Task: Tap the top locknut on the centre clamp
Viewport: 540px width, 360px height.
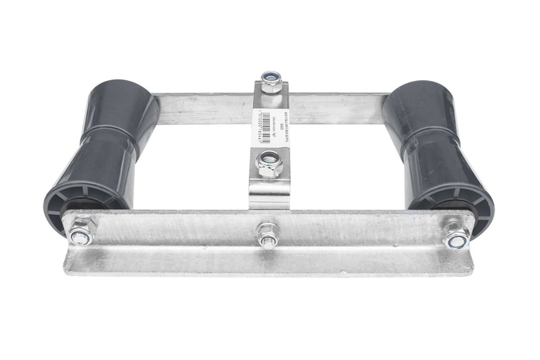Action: pyautogui.click(x=270, y=81)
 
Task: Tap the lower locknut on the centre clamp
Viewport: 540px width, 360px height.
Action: pyautogui.click(x=269, y=163)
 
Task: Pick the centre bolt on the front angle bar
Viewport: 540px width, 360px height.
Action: pyautogui.click(x=268, y=236)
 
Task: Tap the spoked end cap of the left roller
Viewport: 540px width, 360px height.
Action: pyautogui.click(x=77, y=202)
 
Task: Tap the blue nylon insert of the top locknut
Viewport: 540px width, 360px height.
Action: pyautogui.click(x=270, y=77)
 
